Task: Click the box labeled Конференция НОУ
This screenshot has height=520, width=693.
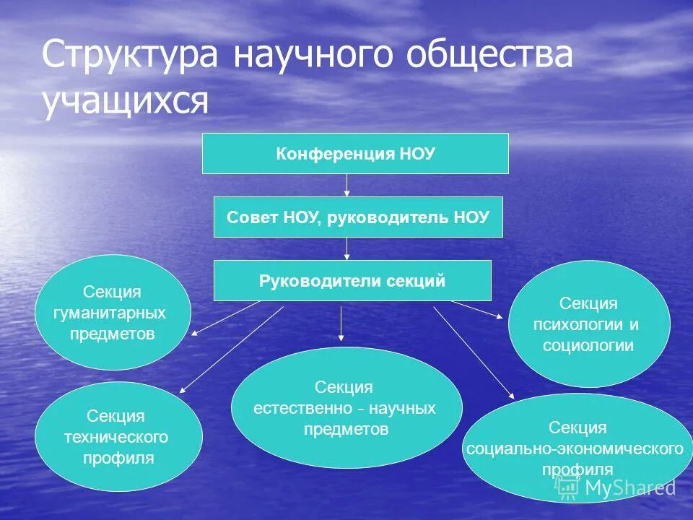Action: pyautogui.click(x=355, y=153)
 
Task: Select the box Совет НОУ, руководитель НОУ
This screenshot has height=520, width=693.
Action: pyautogui.click(x=358, y=217)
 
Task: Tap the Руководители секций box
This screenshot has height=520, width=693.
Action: pyautogui.click(x=352, y=280)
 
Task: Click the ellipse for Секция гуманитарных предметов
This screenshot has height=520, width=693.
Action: pyautogui.click(x=113, y=313)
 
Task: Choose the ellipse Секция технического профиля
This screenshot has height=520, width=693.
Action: pyautogui.click(x=118, y=436)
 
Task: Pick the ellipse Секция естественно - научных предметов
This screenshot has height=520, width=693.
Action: pyautogui.click(x=346, y=407)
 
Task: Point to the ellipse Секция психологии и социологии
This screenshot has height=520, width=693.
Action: pyautogui.click(x=589, y=324)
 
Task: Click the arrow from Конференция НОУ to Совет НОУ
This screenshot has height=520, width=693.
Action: pyautogui.click(x=347, y=185)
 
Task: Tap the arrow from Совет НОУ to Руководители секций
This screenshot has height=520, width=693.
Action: pyautogui.click(x=347, y=248)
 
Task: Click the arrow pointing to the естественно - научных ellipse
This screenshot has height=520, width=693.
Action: pyautogui.click(x=341, y=322)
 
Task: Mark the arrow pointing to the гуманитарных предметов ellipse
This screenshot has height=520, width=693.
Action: pyautogui.click(x=225, y=318)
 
